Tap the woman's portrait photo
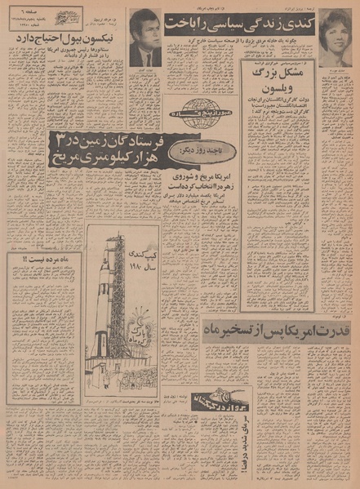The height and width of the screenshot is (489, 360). [x=335, y=38]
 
